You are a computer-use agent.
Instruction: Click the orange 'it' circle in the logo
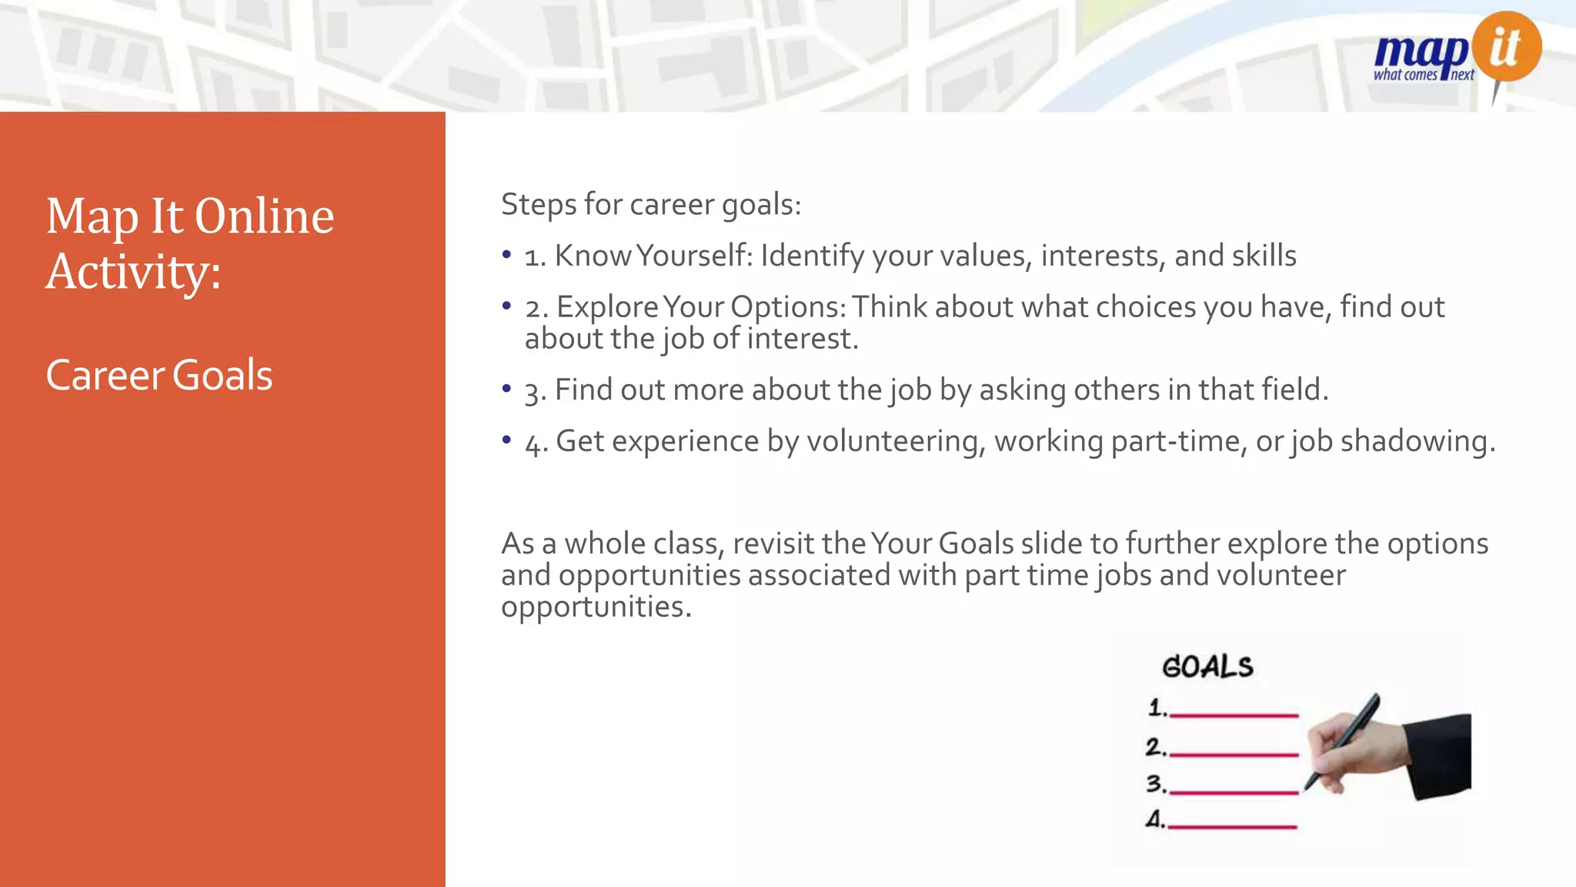pyautogui.click(x=1506, y=46)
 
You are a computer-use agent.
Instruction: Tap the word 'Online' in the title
pyautogui.click(x=264, y=216)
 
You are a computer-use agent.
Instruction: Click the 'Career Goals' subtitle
pyautogui.click(x=159, y=375)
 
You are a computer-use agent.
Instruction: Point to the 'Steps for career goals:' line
pyautogui.click(x=651, y=204)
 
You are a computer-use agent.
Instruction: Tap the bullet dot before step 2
pyautogui.click(x=506, y=306)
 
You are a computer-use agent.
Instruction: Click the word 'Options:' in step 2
pyautogui.click(x=788, y=306)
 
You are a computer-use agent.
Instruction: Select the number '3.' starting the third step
pyautogui.click(x=535, y=391)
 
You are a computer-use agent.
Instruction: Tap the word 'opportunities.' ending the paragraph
pyautogui.click(x=596, y=607)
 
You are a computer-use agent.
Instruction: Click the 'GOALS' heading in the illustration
pyautogui.click(x=1207, y=667)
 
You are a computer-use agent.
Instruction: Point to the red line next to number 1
pyautogui.click(x=1234, y=715)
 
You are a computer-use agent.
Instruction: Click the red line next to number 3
pyautogui.click(x=1234, y=791)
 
